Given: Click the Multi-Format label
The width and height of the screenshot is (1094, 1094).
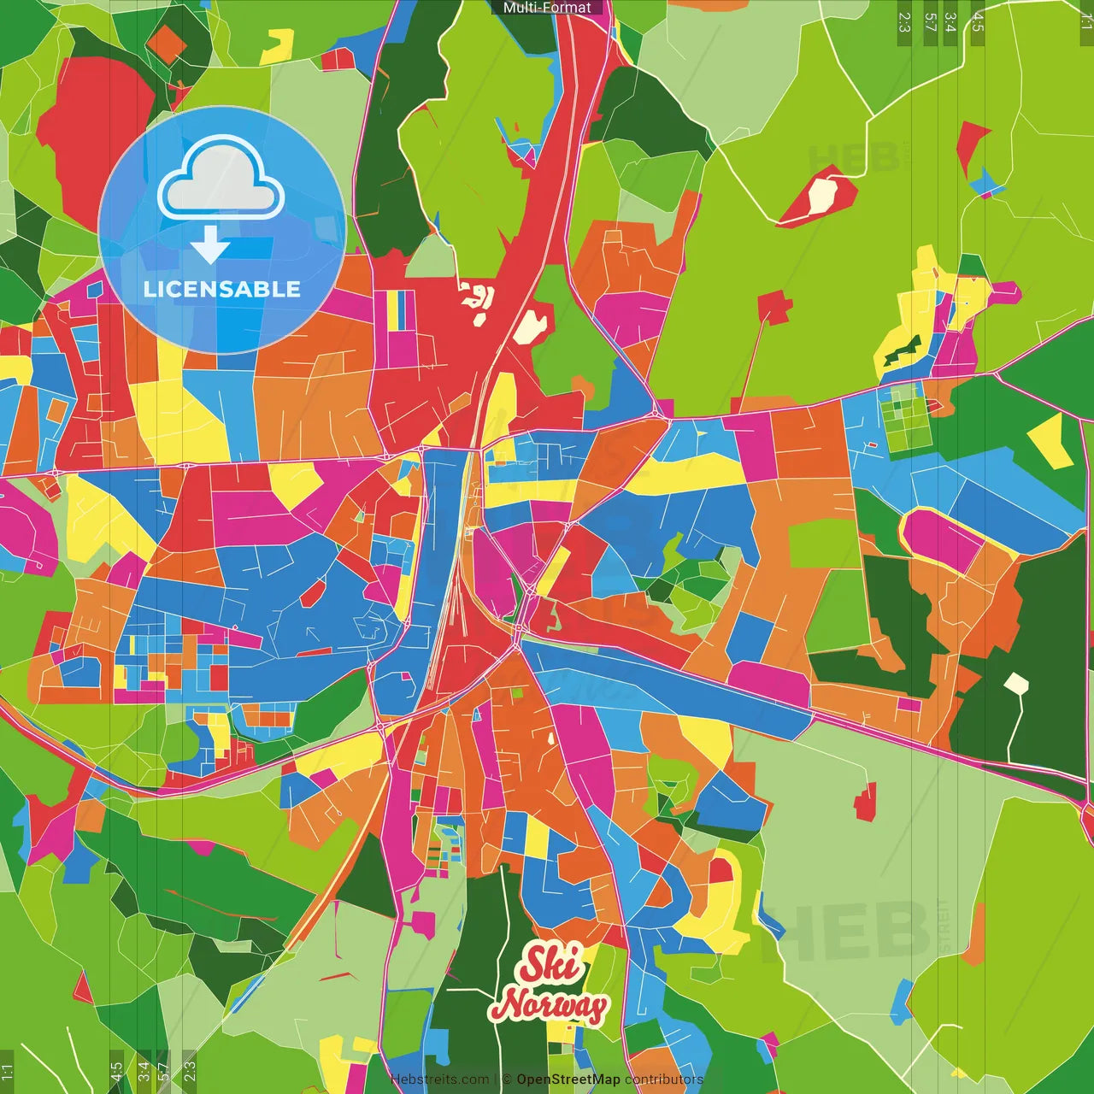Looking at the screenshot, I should (547, 8).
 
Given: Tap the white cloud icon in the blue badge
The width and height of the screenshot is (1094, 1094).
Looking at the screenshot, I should (221, 181).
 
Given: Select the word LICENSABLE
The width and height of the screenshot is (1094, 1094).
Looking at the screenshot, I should (222, 289).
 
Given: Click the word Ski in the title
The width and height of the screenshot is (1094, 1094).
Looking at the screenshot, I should (552, 964).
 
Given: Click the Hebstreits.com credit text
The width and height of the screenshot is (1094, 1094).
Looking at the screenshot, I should (439, 1079).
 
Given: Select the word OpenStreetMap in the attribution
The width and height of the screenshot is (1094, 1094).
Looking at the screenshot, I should (568, 1079).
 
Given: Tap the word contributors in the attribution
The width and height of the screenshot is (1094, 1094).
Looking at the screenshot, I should (664, 1079).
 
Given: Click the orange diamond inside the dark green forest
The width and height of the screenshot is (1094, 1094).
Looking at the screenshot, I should (166, 42).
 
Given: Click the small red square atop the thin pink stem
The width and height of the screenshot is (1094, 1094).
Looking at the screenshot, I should (774, 306).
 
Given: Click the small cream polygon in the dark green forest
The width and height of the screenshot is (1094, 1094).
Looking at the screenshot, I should (1015, 684).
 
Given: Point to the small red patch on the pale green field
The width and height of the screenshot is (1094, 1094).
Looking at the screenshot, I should (866, 803).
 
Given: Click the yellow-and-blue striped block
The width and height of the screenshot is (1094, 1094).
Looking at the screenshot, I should (398, 310).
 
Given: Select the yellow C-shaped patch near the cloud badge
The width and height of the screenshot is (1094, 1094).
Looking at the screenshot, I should (278, 47).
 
